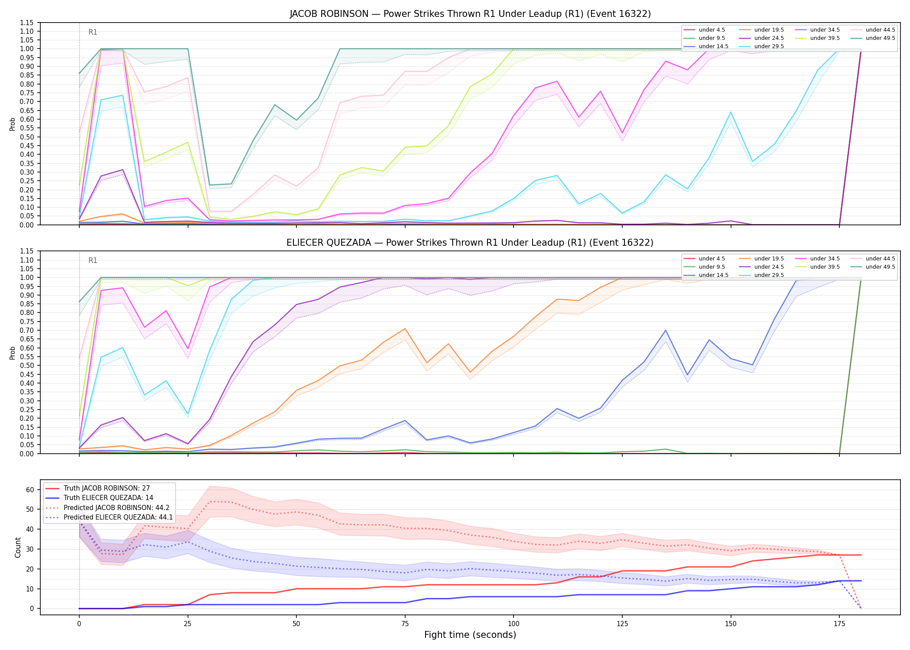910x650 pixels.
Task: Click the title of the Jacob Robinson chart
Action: click(470, 14)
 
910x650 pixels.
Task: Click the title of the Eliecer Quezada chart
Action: click(470, 243)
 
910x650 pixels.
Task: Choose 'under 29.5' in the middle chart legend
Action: click(769, 275)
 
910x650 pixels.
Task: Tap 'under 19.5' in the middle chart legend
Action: click(769, 259)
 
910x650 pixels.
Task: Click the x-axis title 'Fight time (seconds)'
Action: click(470, 635)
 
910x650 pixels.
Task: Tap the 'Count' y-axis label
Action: click(18, 547)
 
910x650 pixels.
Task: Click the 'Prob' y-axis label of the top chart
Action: click(13, 124)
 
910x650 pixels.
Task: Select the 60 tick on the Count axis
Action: click(30, 490)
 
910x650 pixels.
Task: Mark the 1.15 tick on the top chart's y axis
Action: click(27, 23)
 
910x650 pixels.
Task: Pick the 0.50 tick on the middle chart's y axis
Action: click(27, 365)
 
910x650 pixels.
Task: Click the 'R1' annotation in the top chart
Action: click(93, 32)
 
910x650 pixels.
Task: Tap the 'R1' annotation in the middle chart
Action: click(93, 260)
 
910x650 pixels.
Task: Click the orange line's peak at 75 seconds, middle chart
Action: click(405, 328)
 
